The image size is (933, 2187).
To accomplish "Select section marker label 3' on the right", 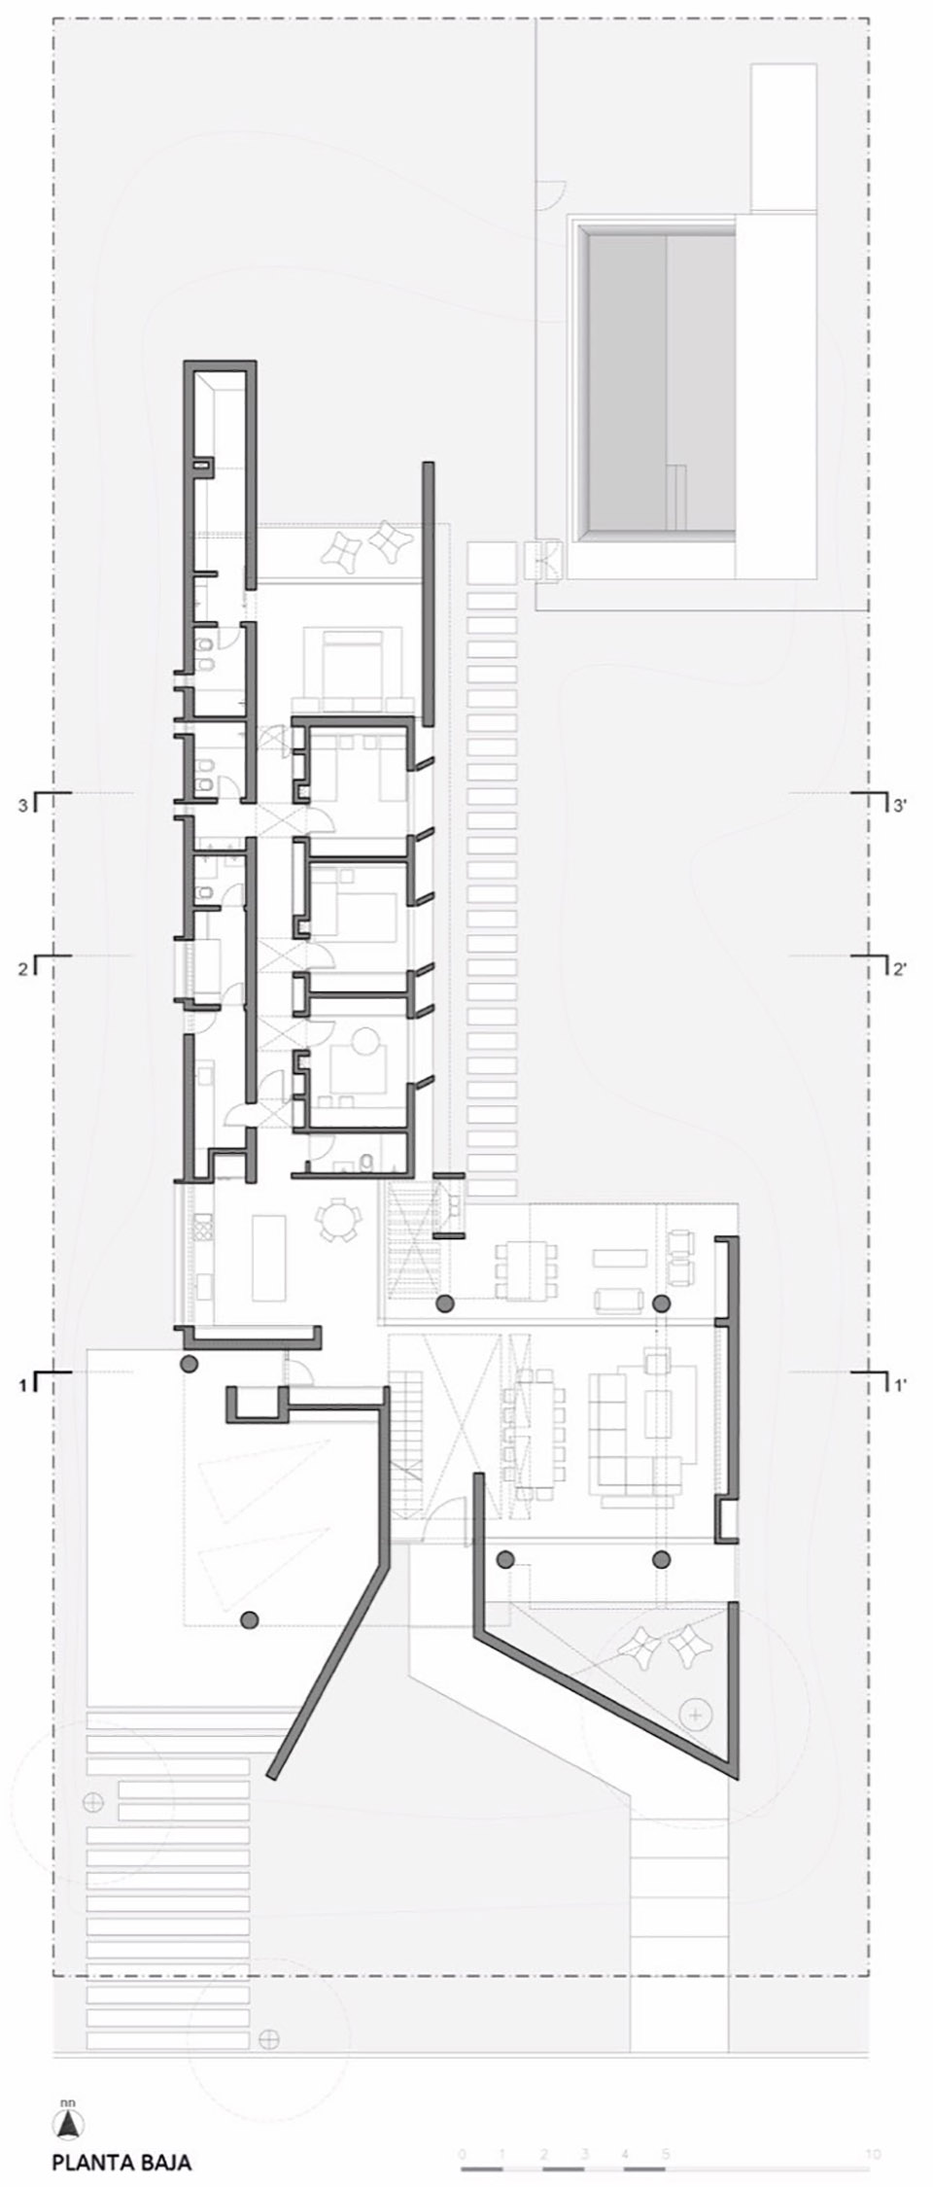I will pos(900,805).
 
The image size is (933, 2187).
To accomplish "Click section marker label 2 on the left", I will pos(21,967).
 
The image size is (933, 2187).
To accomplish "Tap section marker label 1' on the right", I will pos(900,1382).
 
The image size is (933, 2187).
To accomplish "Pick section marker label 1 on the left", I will pos(21,1382).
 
